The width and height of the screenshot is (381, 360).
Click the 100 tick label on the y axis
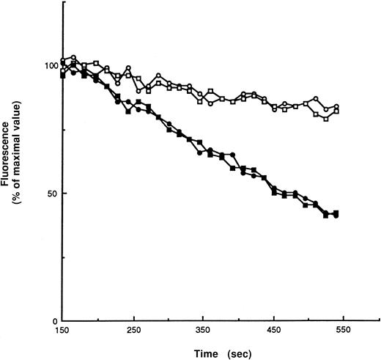(50, 66)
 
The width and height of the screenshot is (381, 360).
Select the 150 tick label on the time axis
(64, 331)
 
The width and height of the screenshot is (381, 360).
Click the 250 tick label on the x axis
(134, 331)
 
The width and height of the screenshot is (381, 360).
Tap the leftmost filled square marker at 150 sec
(64, 75)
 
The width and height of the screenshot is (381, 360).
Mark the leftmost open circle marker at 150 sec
(64, 61)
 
